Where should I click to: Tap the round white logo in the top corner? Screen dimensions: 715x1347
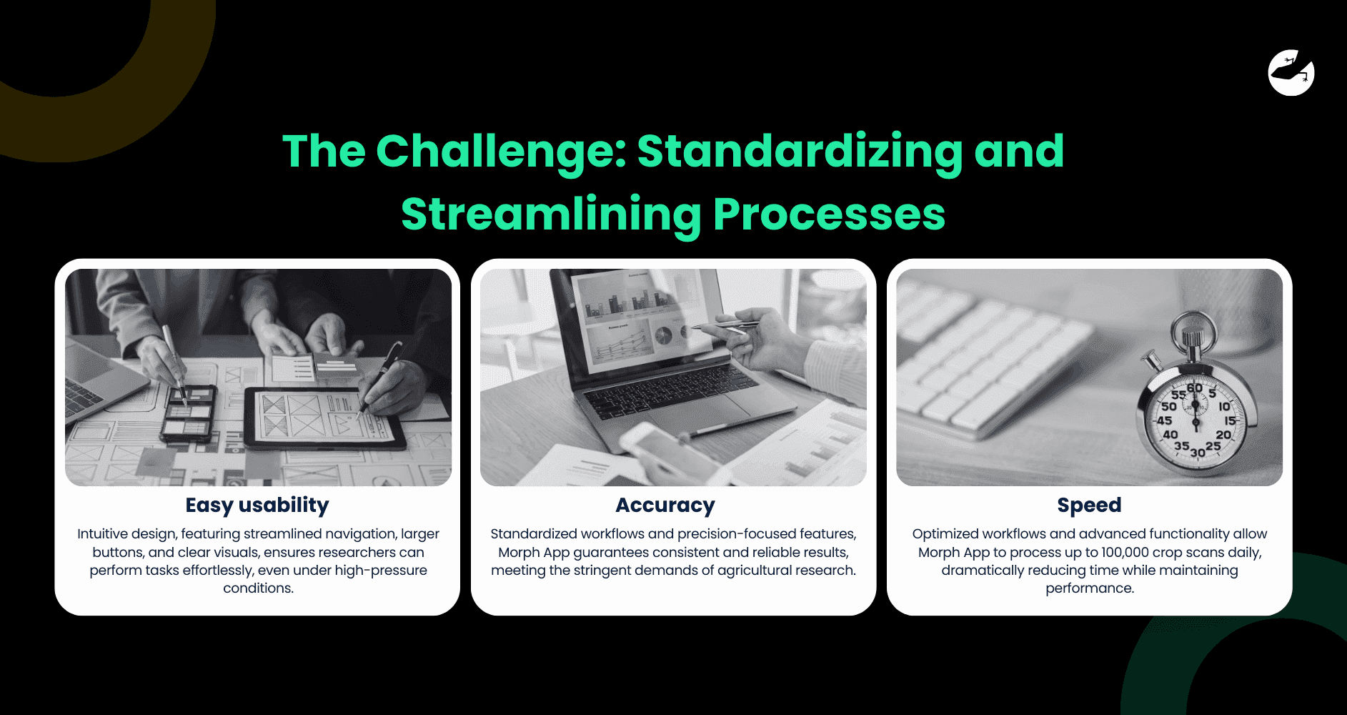[x=1291, y=73]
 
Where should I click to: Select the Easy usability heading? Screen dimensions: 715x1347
[x=257, y=505]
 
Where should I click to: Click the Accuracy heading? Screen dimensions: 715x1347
[x=665, y=505]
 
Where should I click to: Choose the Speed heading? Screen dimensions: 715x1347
[x=1089, y=505]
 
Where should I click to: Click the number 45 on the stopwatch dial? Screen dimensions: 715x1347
[x=1165, y=420]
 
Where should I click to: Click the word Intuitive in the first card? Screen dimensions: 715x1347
[x=104, y=534]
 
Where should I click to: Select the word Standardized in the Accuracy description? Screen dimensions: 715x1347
[x=533, y=534]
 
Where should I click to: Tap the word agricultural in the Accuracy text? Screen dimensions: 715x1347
[x=759, y=571]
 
